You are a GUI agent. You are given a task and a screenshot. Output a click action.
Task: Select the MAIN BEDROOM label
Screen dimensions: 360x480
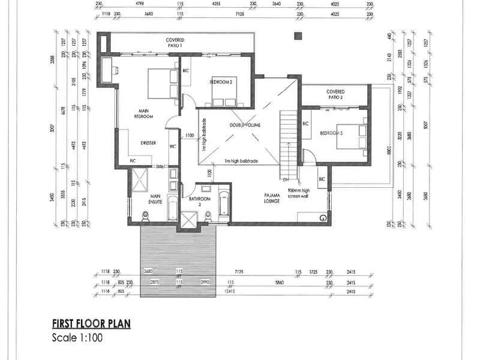144,113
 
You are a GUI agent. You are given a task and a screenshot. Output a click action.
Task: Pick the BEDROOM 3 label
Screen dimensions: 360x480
331,133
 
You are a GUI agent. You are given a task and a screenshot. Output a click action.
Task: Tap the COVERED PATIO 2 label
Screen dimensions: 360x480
335,94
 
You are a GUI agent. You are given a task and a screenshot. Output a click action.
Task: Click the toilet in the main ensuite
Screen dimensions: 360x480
145,215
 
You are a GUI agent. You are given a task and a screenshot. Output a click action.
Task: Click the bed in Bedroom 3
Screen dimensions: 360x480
354,136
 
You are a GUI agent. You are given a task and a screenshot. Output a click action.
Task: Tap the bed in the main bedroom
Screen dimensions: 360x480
164,83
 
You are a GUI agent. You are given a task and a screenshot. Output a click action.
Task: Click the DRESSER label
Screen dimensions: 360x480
148,143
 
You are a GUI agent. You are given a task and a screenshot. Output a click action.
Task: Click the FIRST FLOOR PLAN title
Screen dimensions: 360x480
91,323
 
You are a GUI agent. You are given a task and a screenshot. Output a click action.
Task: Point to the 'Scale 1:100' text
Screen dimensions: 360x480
77,338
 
